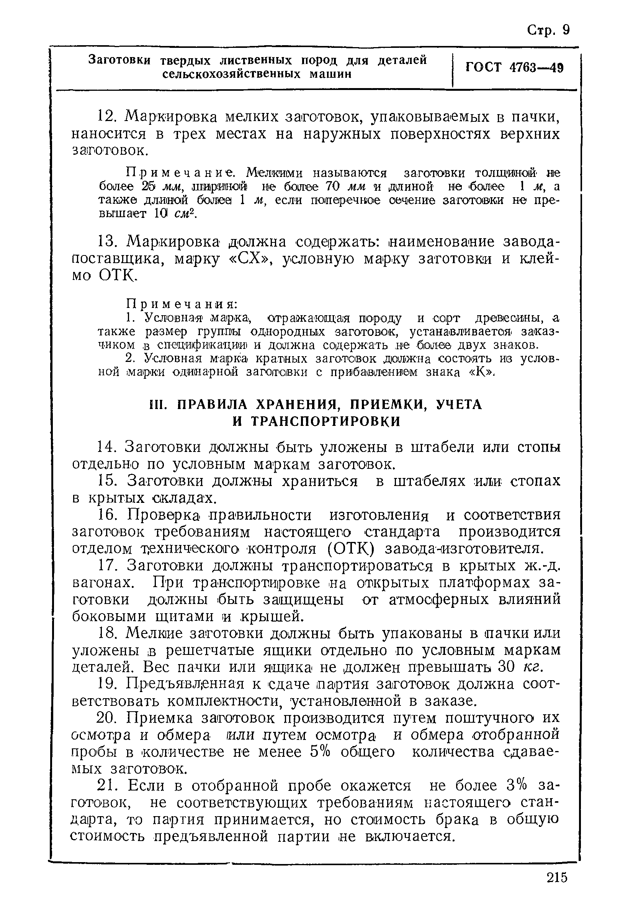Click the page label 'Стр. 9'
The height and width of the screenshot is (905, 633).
[548, 31]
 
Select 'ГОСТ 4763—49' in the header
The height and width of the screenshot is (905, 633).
[514, 68]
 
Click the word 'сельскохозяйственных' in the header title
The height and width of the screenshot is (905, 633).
[232, 74]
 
